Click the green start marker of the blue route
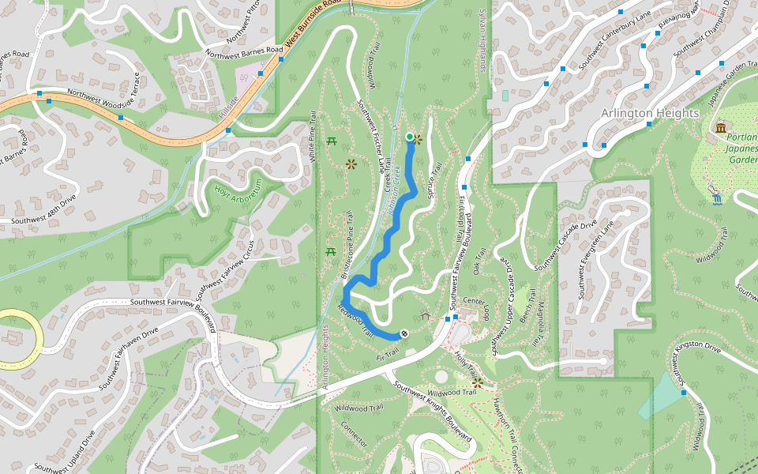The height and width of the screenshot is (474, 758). pos(409,137)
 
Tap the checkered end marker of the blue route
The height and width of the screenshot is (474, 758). pos(404,334)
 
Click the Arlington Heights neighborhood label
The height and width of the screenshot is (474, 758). pos(650,113)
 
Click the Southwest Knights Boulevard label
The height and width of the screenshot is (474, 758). pos(432,414)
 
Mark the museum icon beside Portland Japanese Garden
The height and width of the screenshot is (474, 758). pos(719,128)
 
